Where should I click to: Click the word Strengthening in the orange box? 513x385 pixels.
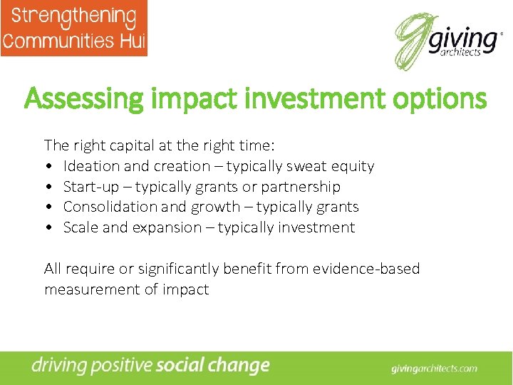(73, 16)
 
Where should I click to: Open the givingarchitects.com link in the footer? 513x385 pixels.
(434, 369)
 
